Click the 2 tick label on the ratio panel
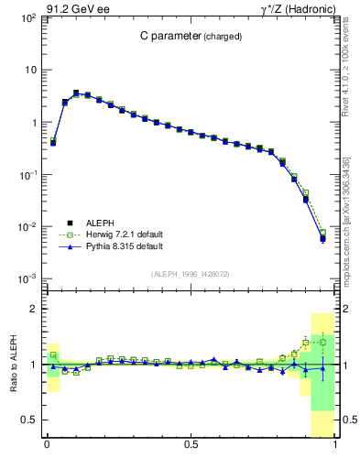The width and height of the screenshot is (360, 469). [32, 309]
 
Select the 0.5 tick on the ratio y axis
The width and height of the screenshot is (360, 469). [28, 420]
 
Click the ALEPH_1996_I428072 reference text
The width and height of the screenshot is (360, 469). [191, 274]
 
